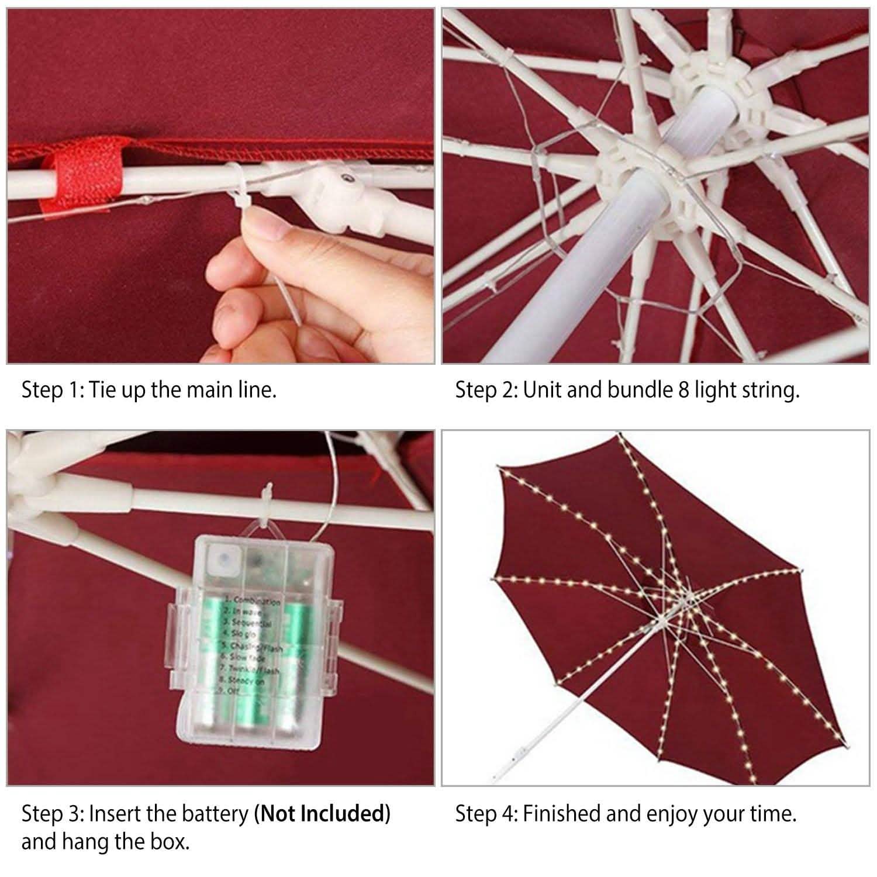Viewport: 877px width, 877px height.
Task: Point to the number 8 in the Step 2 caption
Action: click(x=683, y=390)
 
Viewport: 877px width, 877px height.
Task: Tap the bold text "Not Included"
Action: click(x=322, y=813)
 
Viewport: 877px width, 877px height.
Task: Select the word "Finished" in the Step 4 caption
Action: click(x=562, y=813)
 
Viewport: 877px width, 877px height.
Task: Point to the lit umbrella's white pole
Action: click(x=544, y=731)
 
